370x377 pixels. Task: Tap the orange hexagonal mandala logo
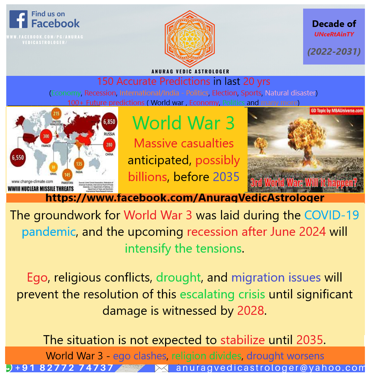(x=190, y=39)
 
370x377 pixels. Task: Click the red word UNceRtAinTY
(x=334, y=34)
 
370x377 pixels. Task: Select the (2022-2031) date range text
(x=334, y=52)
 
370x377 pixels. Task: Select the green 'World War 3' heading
(x=183, y=123)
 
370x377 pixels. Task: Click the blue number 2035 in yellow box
(x=226, y=177)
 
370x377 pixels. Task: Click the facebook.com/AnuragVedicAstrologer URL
(x=185, y=198)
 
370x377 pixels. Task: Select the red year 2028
(x=251, y=311)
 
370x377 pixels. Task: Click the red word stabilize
(x=242, y=339)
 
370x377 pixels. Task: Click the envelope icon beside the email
(x=162, y=368)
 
